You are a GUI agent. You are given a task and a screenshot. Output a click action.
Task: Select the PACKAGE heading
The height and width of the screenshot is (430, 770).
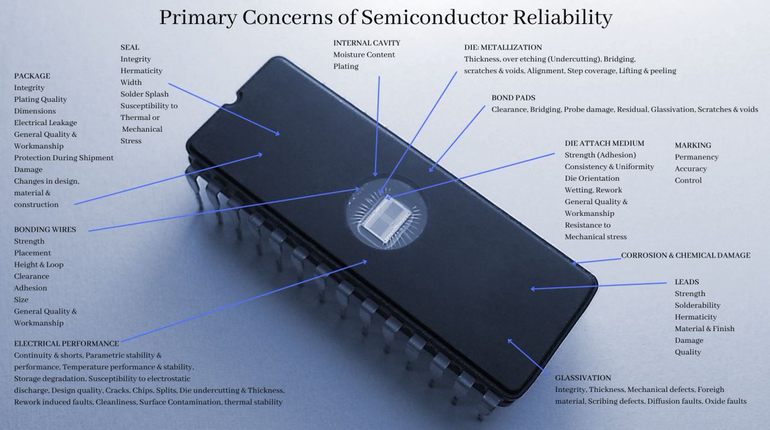[32, 76]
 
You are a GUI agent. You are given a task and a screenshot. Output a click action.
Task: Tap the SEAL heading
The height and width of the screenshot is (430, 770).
[130, 47]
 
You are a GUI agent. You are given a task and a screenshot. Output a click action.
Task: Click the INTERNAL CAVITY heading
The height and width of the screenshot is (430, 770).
[366, 43]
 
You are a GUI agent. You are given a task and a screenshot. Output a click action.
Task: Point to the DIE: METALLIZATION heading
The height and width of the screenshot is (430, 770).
[503, 47]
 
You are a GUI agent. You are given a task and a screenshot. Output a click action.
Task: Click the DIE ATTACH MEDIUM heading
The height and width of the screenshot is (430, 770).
[604, 143]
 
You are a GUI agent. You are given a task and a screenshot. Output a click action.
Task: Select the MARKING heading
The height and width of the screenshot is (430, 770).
[693, 146]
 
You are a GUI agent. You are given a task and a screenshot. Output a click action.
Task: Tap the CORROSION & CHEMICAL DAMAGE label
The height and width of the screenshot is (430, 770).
[685, 255]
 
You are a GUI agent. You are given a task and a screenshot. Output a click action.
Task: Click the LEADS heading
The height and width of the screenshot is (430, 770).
[687, 282]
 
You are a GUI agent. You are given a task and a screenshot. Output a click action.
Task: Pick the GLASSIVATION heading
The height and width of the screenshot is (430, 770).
[583, 378]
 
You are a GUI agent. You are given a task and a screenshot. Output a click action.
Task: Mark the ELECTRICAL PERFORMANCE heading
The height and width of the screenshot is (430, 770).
[67, 343]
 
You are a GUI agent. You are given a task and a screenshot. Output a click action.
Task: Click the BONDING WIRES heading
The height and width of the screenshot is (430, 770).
[45, 229]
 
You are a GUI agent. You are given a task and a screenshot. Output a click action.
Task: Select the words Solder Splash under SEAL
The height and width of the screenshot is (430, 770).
[144, 94]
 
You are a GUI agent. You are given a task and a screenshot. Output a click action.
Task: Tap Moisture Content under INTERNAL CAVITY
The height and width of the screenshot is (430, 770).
[364, 55]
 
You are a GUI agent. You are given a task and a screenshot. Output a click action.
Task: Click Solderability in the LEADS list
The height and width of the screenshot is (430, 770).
[697, 305]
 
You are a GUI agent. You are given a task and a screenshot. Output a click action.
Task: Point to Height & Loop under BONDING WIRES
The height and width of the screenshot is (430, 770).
[38, 264]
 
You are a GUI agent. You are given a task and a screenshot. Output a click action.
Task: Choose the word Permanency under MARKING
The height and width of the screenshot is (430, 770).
[696, 157]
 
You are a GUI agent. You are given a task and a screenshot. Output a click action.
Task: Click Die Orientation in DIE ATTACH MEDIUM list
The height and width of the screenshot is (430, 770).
[592, 178]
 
